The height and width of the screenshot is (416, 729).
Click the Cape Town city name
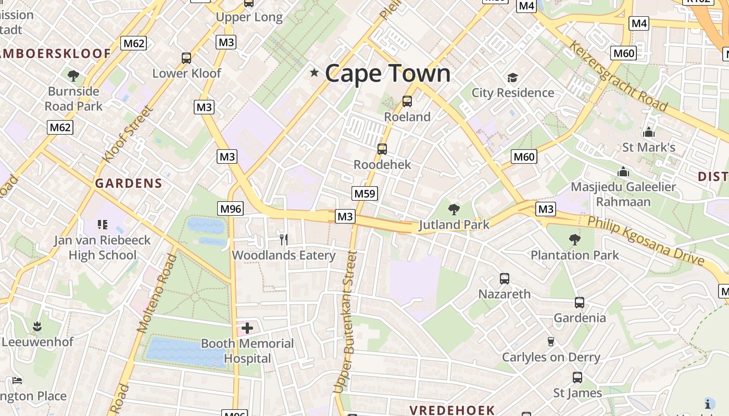coord(387,73)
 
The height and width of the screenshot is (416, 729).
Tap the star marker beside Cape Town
coord(314,72)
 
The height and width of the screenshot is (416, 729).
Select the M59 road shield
coord(364,194)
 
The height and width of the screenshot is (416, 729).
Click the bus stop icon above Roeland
coord(407,101)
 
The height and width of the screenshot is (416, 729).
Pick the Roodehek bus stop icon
coord(382,149)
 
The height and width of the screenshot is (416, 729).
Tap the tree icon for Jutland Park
coord(454,210)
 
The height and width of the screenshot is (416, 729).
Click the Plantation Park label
coord(574,255)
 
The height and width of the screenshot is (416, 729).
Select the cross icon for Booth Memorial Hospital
coord(247,328)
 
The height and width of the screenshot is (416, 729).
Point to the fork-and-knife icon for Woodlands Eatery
coord(284,239)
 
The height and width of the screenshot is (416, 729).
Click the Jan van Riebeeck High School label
coord(102,248)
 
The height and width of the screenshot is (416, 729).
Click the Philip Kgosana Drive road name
coord(646,241)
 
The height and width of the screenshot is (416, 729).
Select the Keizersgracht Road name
coord(618,76)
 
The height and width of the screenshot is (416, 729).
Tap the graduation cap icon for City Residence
coord(513,78)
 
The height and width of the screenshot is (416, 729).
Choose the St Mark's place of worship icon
coord(649,132)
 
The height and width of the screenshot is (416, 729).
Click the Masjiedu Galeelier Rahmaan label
coord(623,194)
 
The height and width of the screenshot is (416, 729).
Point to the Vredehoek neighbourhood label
coord(451,410)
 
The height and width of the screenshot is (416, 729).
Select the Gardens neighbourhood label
coord(129,183)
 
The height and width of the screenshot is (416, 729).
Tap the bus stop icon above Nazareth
coord(504,279)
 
